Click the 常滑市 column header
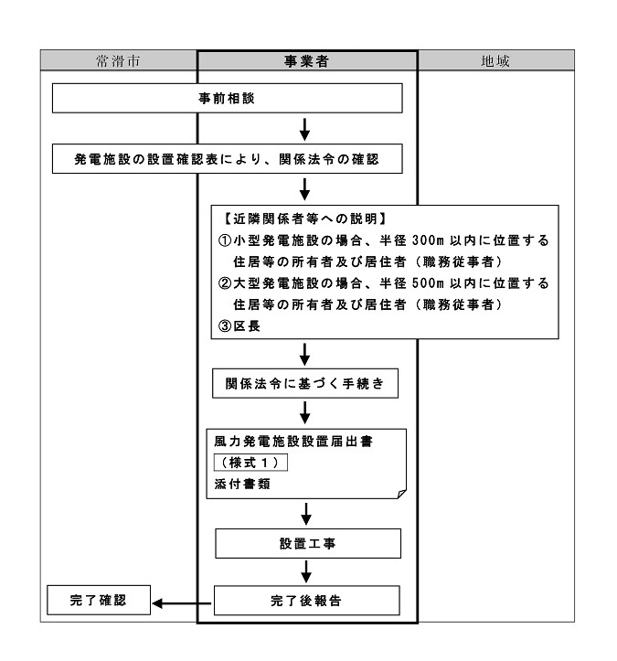click(x=119, y=60)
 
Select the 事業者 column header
click(x=307, y=60)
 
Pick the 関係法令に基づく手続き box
click(x=306, y=384)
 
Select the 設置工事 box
click(x=307, y=543)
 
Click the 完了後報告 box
click(x=307, y=602)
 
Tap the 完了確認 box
click(x=97, y=602)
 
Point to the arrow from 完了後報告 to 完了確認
click(x=182, y=602)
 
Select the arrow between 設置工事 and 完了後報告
click(x=307, y=572)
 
